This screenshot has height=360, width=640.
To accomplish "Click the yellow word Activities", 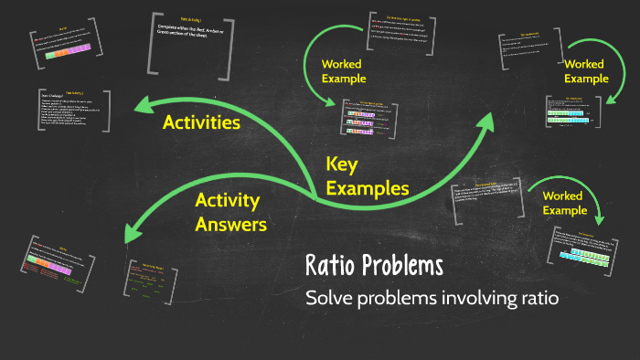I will [201, 122].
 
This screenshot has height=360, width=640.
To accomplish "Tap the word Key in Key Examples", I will [341, 164].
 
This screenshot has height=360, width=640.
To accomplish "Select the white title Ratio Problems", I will [374, 266].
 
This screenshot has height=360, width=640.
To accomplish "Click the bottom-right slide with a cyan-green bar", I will [586, 253].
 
